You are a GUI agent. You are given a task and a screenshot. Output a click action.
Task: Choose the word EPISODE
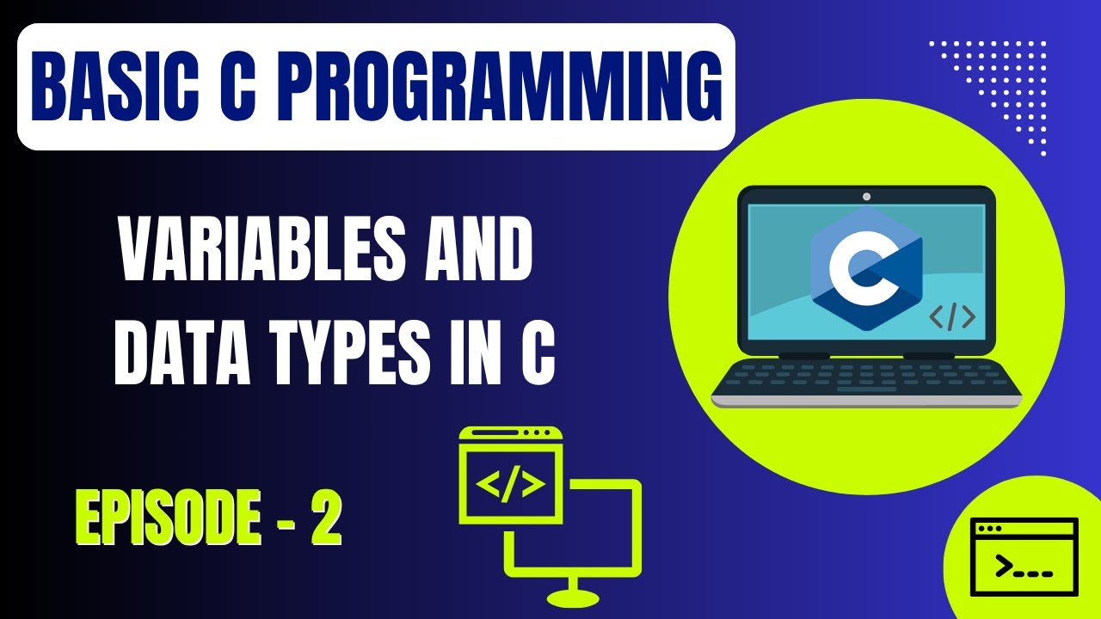click(169, 518)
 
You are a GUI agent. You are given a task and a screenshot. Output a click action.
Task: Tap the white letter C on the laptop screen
click(852, 267)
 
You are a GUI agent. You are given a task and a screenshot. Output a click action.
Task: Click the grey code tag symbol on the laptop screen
click(952, 317)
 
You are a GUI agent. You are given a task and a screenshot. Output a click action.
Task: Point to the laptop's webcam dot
click(866, 197)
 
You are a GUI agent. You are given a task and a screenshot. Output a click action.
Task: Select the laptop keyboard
click(866, 377)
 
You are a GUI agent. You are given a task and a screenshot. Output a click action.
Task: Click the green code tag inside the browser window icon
click(511, 486)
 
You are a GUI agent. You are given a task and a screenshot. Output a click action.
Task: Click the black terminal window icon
click(1024, 556)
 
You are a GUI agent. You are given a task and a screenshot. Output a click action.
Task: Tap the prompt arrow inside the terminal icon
click(1003, 567)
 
